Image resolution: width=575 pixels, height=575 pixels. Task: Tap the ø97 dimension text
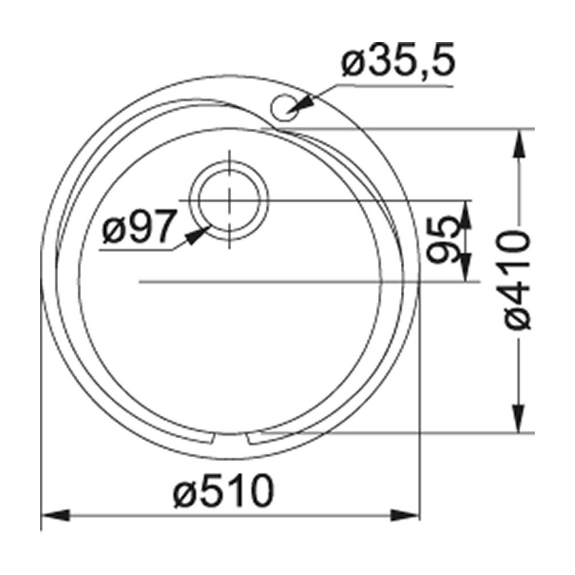tap(137, 229)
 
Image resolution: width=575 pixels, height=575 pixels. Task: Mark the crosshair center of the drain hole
tap(229, 201)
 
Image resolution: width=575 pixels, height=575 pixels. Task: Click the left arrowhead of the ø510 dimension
tap(55, 514)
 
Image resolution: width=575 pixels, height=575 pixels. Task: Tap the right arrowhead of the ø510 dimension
tap(406, 514)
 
